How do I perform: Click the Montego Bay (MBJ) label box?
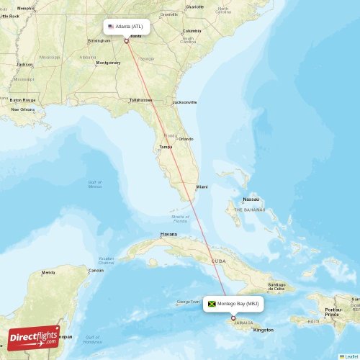coord(233,304)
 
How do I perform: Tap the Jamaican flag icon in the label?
coord(212,304)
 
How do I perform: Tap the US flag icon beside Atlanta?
coord(110,27)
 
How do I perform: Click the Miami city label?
coord(202,186)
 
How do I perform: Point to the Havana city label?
coord(168,234)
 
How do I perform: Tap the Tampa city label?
coord(165,147)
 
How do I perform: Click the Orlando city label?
coord(186,138)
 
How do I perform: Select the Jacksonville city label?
coord(184,102)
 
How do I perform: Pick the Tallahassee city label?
coord(140,100)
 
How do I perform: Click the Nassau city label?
coord(251,198)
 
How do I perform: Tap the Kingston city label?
coord(263,330)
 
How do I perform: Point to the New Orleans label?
coord(22,109)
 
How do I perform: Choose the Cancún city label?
coord(96,271)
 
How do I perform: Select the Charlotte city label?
coord(194,6)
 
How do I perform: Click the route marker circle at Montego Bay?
coord(233,318)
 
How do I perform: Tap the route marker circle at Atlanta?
coord(126,41)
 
